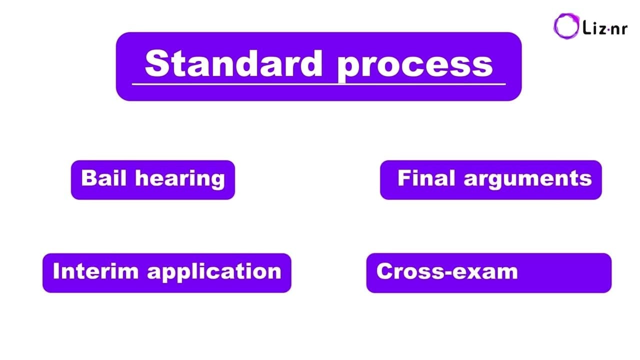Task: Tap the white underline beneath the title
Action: coord(318,84)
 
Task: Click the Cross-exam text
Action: coord(446,271)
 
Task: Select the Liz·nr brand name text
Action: coord(605,28)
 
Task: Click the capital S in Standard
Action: coord(155,63)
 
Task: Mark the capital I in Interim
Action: coord(56,271)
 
